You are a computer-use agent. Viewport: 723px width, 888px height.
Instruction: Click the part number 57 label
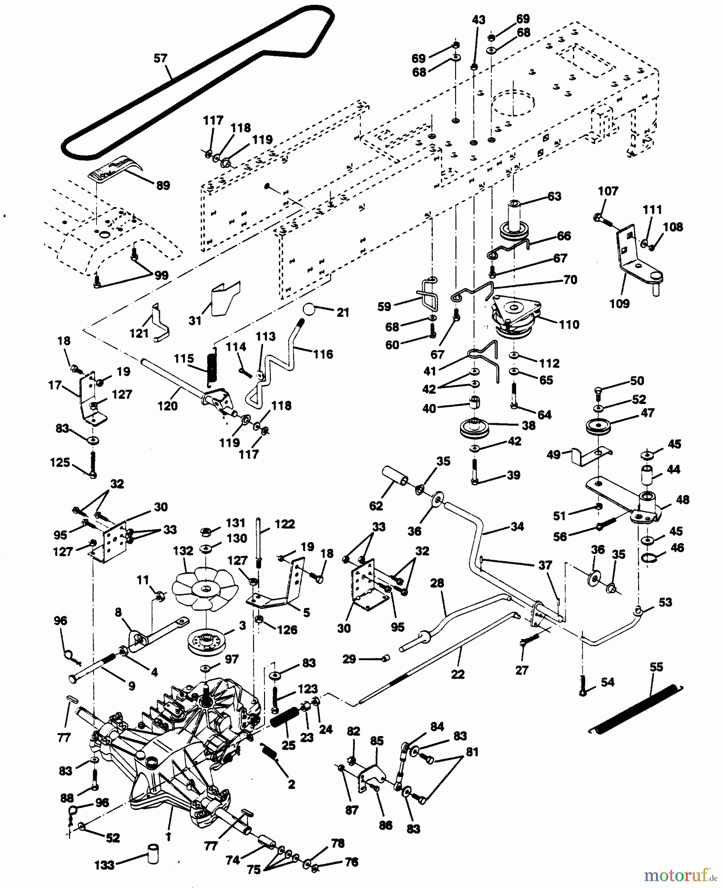pyautogui.click(x=160, y=58)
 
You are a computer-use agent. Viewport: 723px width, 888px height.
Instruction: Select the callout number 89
pyautogui.click(x=162, y=185)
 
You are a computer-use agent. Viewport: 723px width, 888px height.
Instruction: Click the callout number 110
pyautogui.click(x=569, y=325)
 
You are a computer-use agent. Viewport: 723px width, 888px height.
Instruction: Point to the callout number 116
pyautogui.click(x=323, y=354)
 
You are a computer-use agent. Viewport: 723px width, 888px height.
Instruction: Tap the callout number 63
pyautogui.click(x=554, y=196)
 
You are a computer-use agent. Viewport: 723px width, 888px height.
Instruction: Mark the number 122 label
pyautogui.click(x=285, y=524)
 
